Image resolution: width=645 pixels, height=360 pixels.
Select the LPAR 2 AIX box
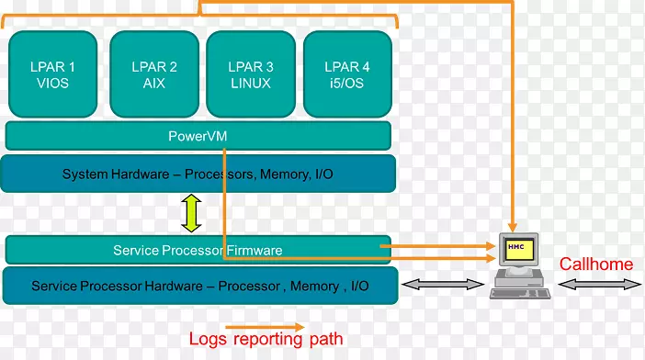(x=153, y=74)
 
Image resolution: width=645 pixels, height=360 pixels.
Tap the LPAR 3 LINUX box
(x=251, y=74)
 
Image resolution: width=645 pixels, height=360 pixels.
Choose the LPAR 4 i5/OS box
(x=347, y=74)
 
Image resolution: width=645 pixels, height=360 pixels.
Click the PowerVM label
(x=198, y=136)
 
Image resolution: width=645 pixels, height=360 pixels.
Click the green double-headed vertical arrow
(x=192, y=213)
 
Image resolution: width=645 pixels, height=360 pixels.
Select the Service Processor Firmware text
(x=198, y=250)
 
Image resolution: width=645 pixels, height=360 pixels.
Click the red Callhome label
(x=596, y=264)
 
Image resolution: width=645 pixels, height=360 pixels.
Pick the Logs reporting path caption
(x=266, y=339)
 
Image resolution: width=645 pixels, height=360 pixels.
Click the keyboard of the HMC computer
(x=521, y=293)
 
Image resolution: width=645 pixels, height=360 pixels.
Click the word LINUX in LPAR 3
(x=251, y=84)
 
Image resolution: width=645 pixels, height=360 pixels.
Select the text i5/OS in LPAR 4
(x=347, y=84)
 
